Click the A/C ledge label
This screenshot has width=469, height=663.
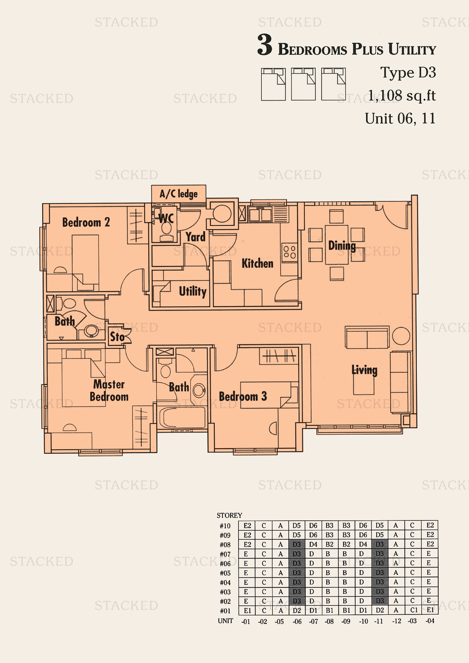point(178,194)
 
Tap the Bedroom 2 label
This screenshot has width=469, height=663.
point(86,222)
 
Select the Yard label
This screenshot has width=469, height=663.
point(196,237)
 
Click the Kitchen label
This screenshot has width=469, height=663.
point(257,263)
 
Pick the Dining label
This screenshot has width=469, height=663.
point(342,246)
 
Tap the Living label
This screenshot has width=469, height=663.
point(364,370)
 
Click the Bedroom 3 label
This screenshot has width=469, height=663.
point(243,397)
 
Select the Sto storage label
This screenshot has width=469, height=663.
point(117,337)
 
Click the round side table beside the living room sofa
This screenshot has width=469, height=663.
point(401,336)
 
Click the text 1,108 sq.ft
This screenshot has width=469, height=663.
point(402,96)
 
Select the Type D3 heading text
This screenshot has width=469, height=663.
point(408,73)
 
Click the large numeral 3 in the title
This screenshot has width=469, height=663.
point(265,45)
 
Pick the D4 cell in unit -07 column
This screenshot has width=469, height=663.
point(313,544)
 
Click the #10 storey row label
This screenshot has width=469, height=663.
point(225,526)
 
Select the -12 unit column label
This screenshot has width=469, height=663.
point(396,621)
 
